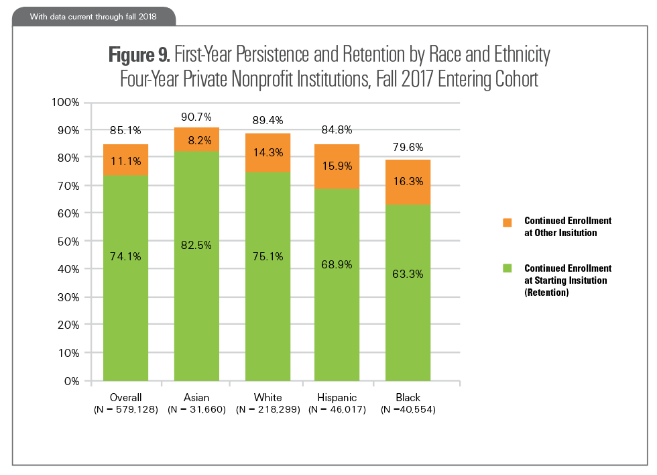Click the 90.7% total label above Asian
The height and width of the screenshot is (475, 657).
196,117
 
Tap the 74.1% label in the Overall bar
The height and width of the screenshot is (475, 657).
125,256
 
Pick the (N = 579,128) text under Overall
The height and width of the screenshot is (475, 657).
125,409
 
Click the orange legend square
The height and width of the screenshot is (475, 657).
508,221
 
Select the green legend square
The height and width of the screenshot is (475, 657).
508,269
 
